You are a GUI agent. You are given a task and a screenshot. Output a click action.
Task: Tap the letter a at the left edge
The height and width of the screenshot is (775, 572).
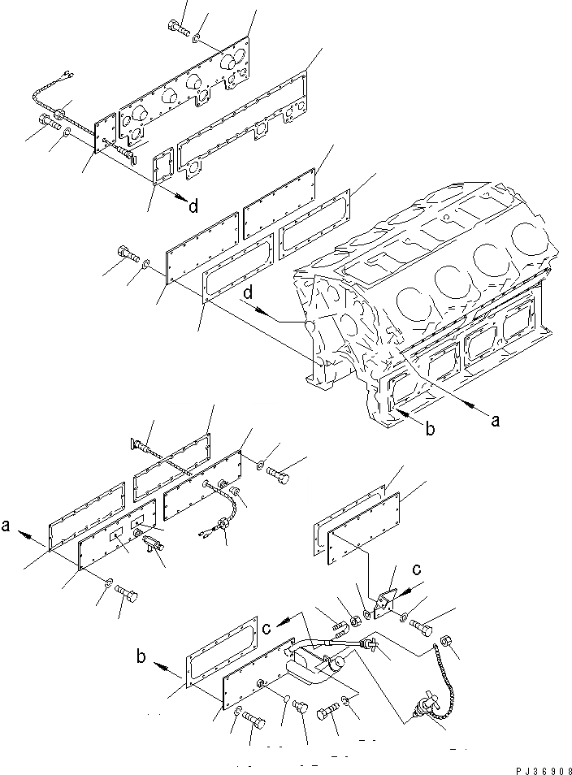coord(6,527)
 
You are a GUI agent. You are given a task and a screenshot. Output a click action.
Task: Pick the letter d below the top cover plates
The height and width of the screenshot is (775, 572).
coord(193,207)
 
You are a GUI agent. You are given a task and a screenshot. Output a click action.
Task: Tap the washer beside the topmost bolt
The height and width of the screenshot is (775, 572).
coord(197,36)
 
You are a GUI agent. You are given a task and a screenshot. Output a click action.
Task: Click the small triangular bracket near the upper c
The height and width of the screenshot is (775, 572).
coord(383,601)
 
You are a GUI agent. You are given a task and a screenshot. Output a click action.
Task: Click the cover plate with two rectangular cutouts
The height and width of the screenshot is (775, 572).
coord(118,536)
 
